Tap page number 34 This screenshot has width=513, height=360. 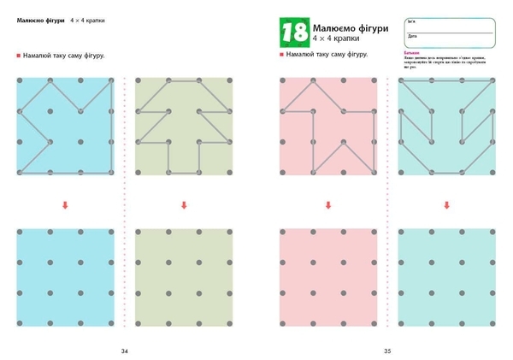pyautogui.click(x=125, y=351)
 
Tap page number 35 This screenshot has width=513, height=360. pyautogui.click(x=387, y=351)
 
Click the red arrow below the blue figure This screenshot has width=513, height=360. pyautogui.click(x=65, y=204)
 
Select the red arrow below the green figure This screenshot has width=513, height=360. pyautogui.click(x=184, y=204)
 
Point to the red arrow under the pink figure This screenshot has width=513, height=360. pyautogui.click(x=328, y=204)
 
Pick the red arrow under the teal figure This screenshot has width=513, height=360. pyautogui.click(x=447, y=204)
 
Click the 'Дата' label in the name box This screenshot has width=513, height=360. pyautogui.click(x=413, y=37)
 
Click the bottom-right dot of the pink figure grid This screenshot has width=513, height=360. pyautogui.click(x=375, y=173)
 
